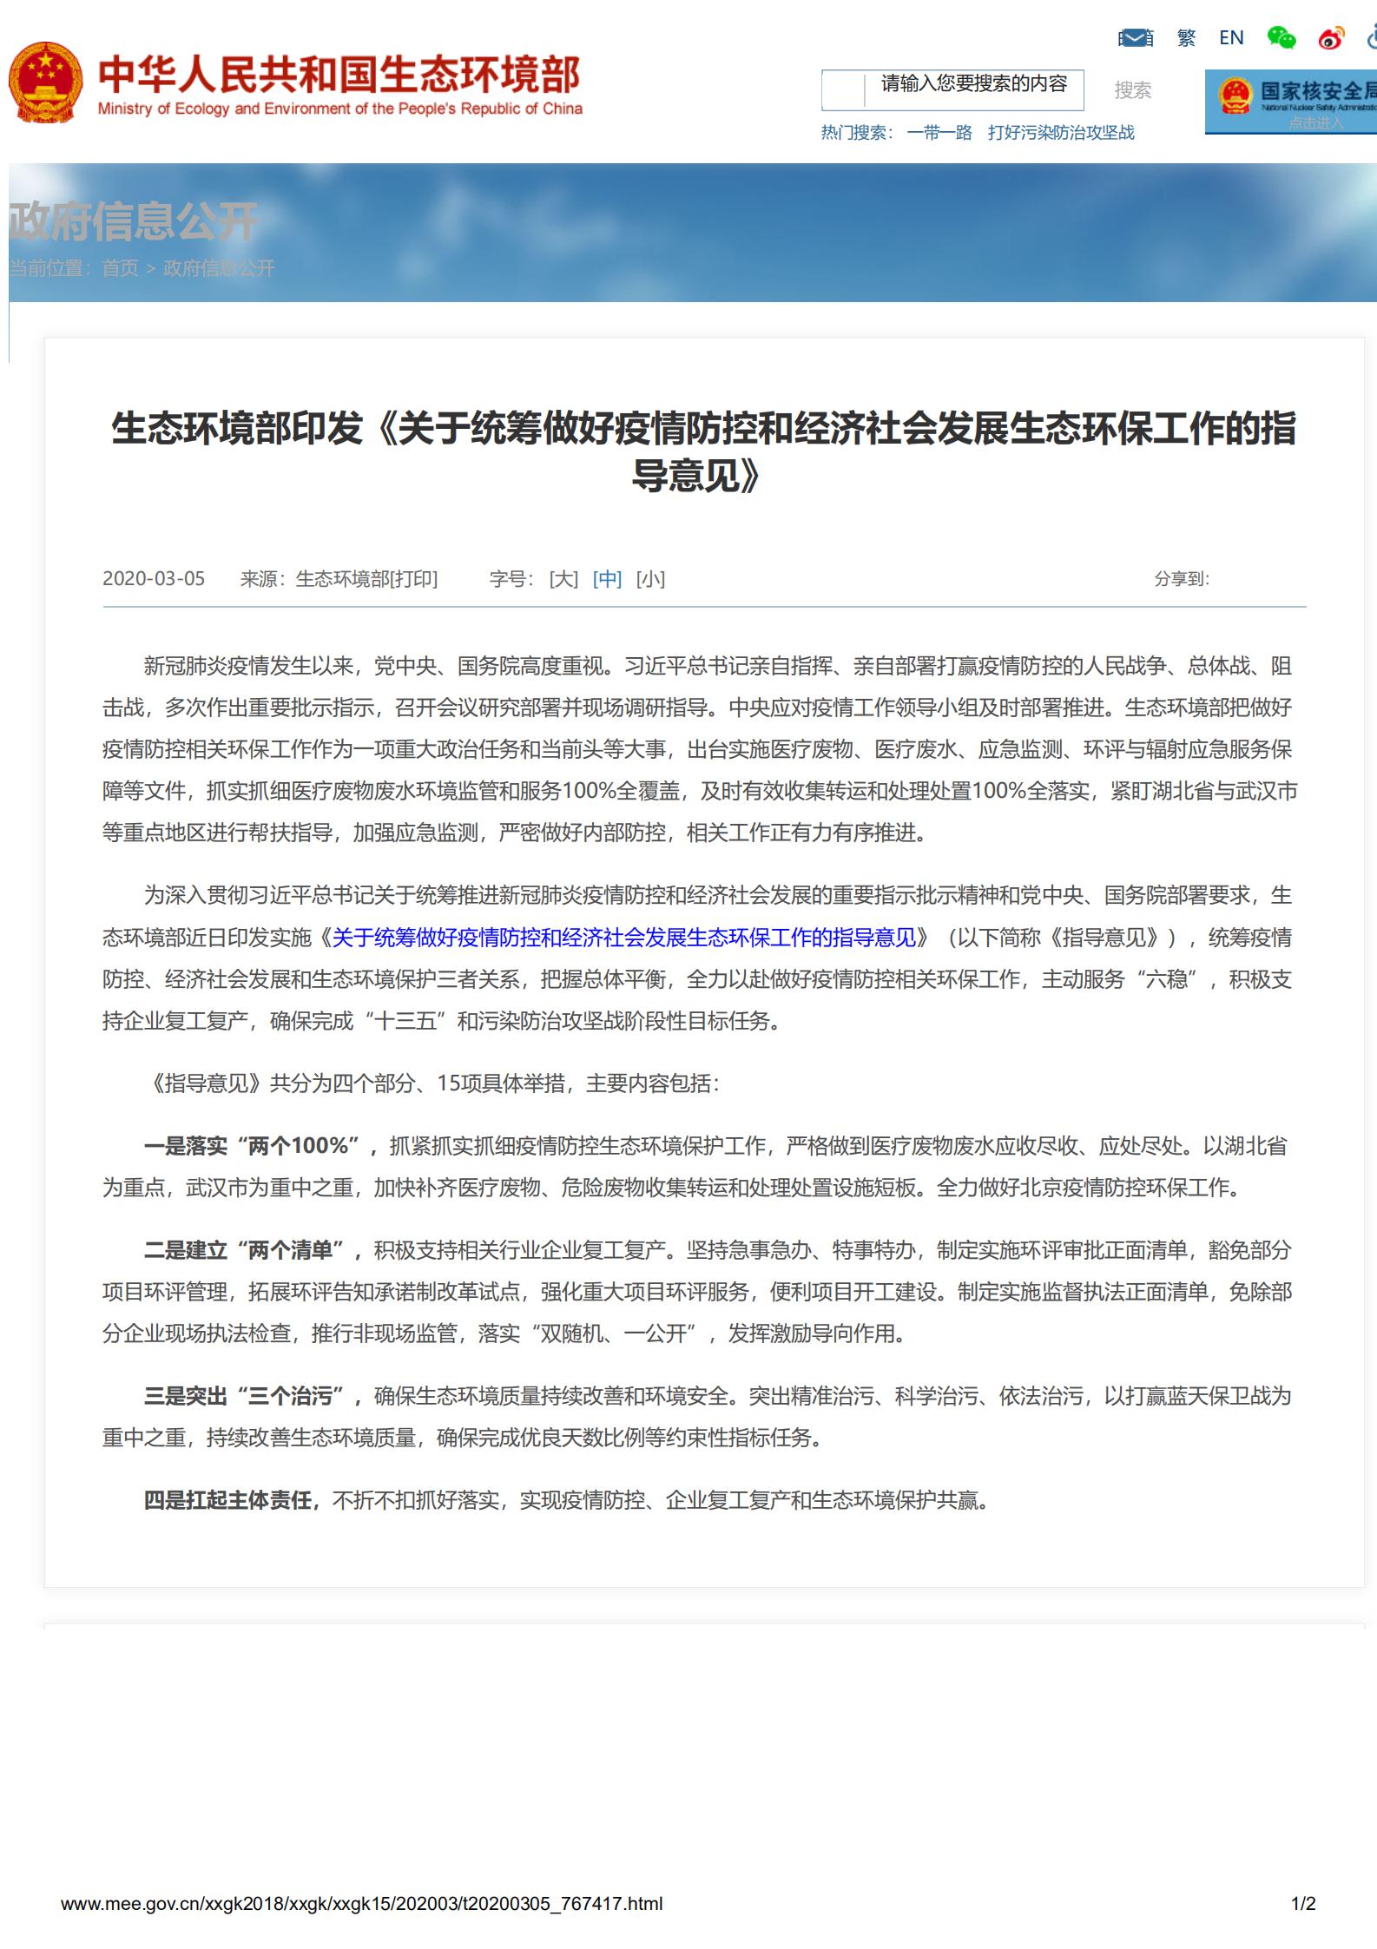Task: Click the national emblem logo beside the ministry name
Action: click(46, 83)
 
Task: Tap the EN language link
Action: click(1231, 37)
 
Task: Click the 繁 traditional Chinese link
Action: click(1186, 37)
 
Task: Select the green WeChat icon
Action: click(1281, 37)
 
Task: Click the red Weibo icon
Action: click(1331, 38)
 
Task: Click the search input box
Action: click(952, 90)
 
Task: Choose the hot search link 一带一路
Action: click(939, 133)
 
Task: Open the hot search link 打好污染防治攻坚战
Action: click(1061, 133)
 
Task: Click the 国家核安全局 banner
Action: click(1291, 102)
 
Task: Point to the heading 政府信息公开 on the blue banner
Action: click(134, 221)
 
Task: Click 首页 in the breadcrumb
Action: click(120, 268)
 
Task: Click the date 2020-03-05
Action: click(154, 579)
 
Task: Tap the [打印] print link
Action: click(414, 579)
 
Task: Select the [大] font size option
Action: click(563, 579)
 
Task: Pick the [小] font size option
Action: click(650, 579)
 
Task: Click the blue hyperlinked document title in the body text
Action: click(623, 938)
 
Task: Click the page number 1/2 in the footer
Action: click(1302, 1904)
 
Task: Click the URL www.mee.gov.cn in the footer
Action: click(361, 1904)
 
